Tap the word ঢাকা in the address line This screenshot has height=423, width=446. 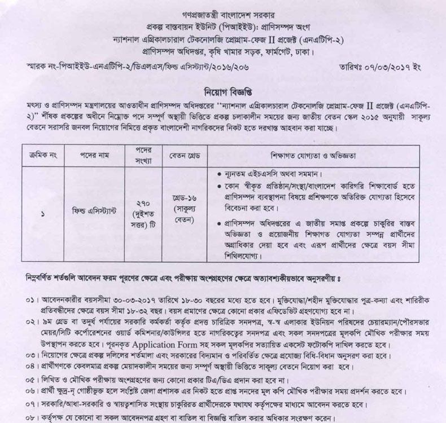tap(304, 54)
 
